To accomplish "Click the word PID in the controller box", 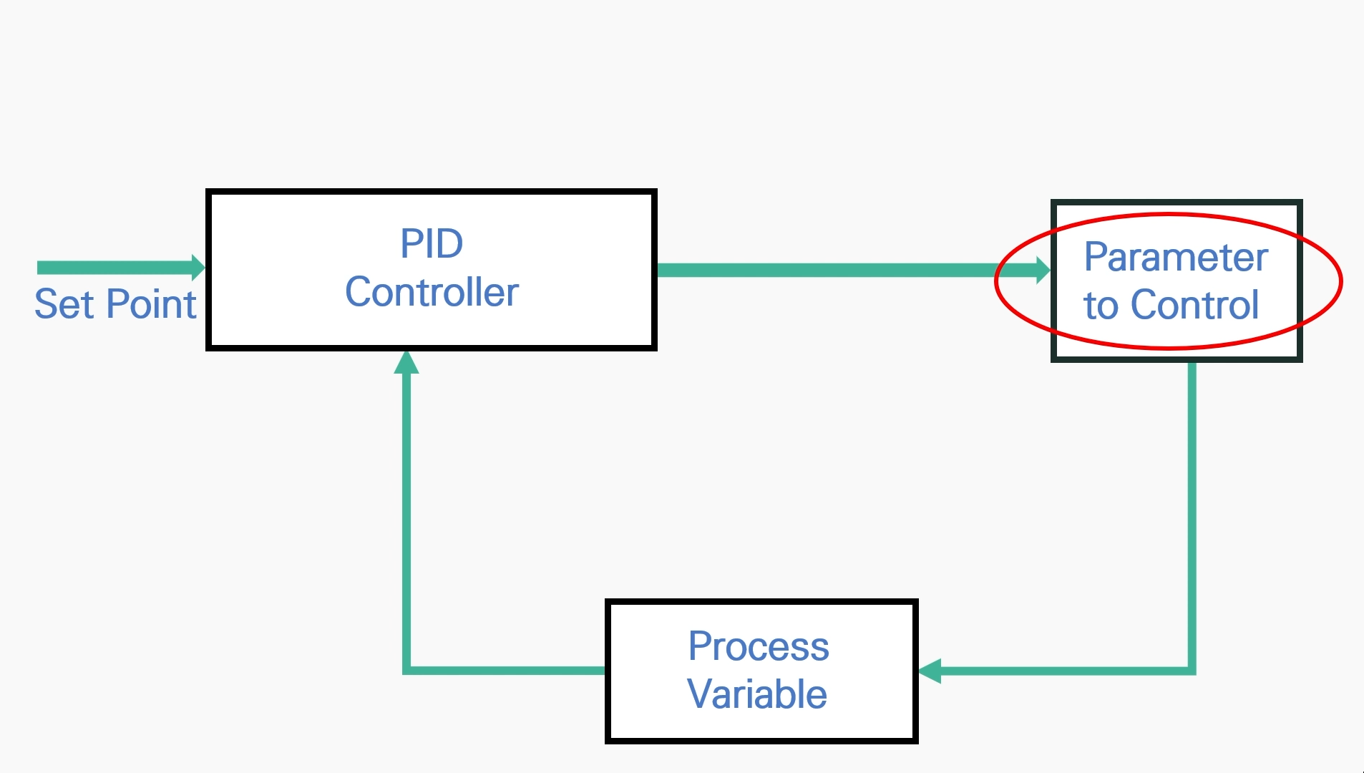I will coord(432,244).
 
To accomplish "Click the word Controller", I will coord(432,292).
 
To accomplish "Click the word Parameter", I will coord(1176,257).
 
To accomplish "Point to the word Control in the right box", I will coord(1194,305).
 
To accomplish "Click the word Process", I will coord(759,646).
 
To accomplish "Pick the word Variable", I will coord(757,694).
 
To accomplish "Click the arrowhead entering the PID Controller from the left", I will coord(198,268).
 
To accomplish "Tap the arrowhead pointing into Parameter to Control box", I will coord(1043,271).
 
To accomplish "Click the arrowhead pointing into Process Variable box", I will coord(930,671).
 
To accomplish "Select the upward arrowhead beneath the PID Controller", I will coord(406,363).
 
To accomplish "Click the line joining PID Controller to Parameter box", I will coord(844,271).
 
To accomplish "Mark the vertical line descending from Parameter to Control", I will coord(1192,515).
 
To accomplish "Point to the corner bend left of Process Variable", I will coord(406,670).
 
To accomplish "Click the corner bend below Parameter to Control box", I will coord(1192,671).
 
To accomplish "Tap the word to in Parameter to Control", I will coord(1101,306).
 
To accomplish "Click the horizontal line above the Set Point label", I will coord(115,268).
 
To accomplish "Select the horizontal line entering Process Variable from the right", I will coord(1059,671).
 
